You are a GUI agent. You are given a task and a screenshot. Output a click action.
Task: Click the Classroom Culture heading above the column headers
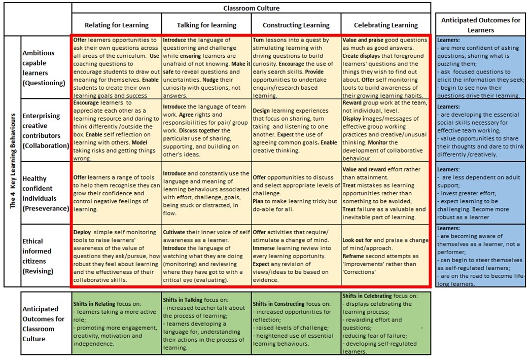coord(252,8)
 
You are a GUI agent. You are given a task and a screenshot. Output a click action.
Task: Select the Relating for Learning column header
coord(117,25)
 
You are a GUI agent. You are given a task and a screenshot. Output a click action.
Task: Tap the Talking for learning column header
coord(206,25)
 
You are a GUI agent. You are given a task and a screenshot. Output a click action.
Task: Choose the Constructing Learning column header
coord(296,25)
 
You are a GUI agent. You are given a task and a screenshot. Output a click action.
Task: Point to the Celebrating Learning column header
coord(385,25)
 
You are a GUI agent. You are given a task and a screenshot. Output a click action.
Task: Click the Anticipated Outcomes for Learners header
coord(481,25)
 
